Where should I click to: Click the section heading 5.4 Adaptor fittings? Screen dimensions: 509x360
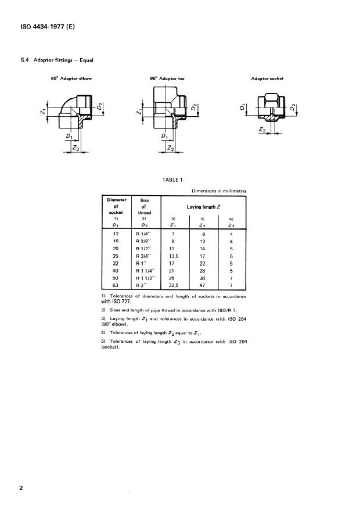57,59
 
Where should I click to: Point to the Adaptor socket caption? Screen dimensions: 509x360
267,78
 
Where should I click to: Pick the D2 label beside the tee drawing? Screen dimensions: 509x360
193,109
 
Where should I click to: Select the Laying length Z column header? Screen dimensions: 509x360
203,206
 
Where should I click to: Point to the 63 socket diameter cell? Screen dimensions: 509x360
113,286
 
